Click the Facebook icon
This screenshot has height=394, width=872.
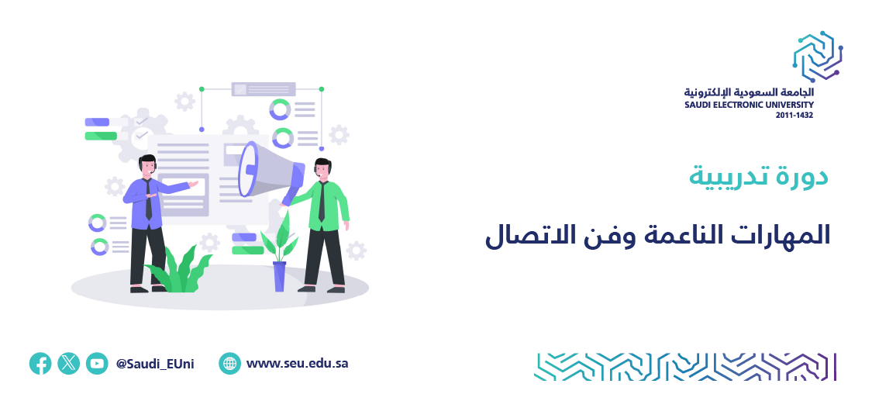coord(40,364)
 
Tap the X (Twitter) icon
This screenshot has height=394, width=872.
coord(68,364)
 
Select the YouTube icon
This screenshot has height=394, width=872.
coord(97,364)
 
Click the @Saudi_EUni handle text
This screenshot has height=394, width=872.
coord(155,364)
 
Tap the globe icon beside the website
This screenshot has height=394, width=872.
coord(229,364)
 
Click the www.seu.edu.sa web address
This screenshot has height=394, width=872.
coord(297,364)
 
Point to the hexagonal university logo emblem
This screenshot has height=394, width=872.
coord(818,57)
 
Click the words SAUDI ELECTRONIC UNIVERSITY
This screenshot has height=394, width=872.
coord(749,105)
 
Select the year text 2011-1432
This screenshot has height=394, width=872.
coord(794,116)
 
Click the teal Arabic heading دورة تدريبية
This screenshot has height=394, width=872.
coord(759,176)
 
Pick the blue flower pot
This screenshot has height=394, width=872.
coord(279,276)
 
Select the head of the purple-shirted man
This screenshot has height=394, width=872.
coord(147,165)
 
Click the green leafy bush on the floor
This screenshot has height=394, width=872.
coord(178,270)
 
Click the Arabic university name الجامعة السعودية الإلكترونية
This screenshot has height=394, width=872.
coord(749,92)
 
